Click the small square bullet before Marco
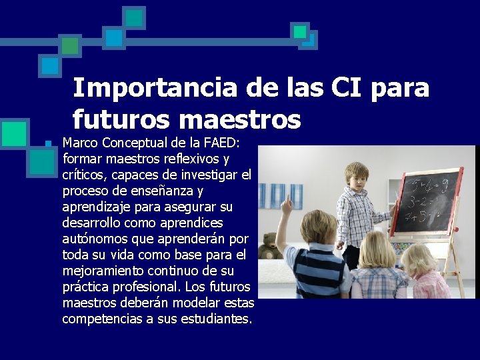[x=48, y=144]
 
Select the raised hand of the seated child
[x=286, y=205]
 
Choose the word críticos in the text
[x=83, y=175]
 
